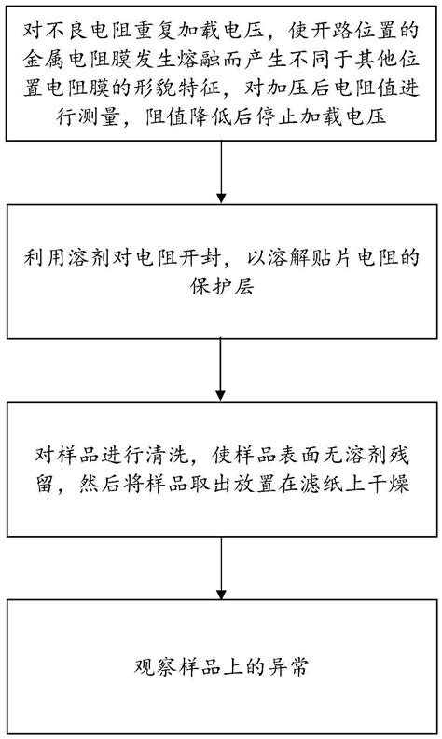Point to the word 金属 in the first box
(x=46, y=60)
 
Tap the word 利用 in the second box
(x=46, y=258)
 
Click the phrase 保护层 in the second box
(x=222, y=286)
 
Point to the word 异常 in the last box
(x=289, y=668)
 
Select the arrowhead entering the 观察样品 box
(x=221, y=594)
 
